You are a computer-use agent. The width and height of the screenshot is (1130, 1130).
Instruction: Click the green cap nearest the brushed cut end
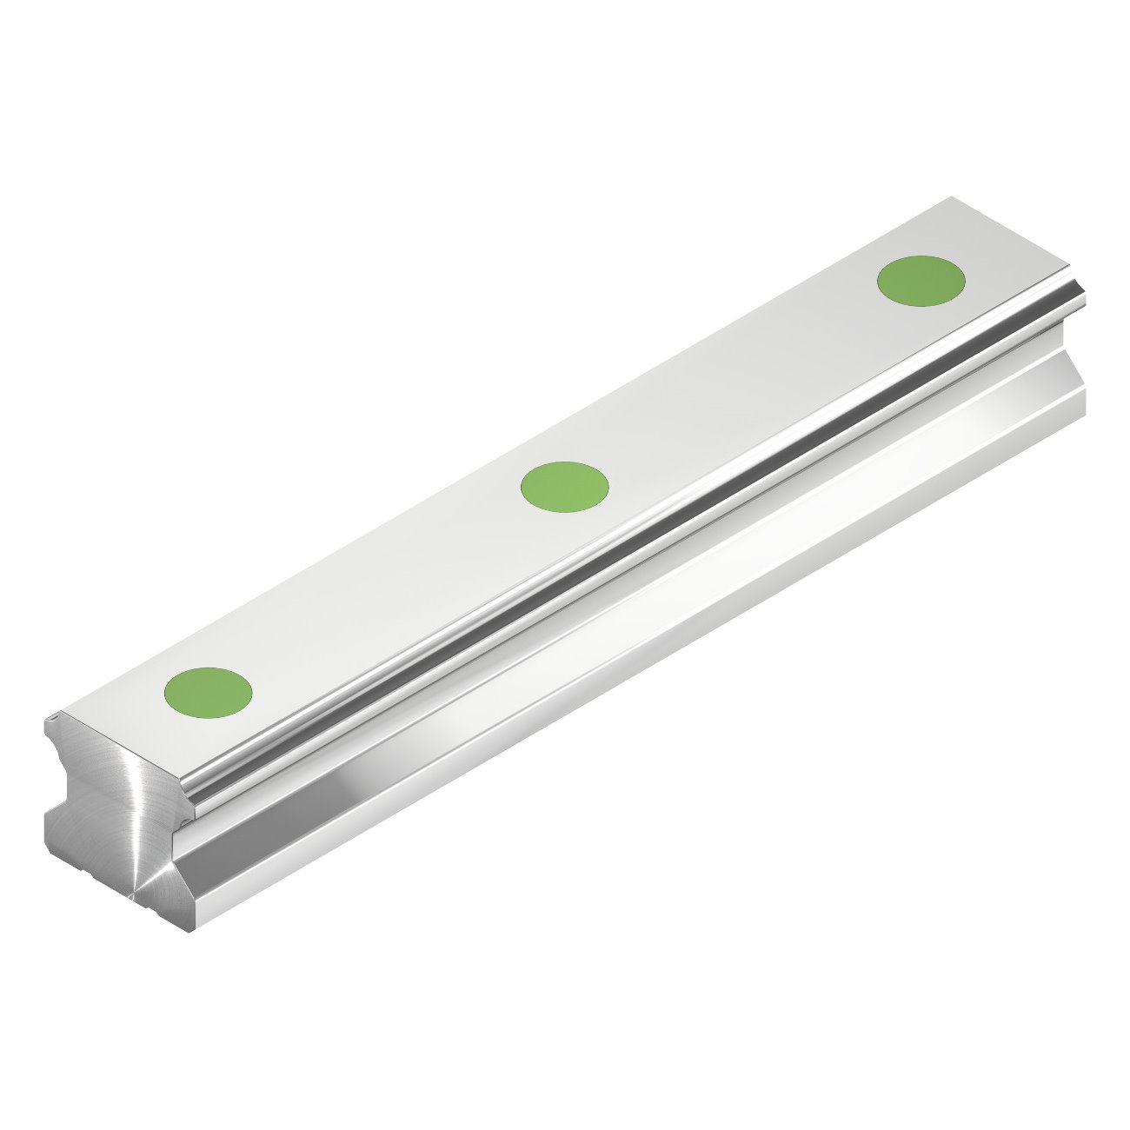pyautogui.click(x=208, y=692)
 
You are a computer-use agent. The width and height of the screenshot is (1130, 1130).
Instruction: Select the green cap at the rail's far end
pyautogui.click(x=921, y=280)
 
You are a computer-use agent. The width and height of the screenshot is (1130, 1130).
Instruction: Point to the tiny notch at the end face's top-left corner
pyautogui.click(x=54, y=717)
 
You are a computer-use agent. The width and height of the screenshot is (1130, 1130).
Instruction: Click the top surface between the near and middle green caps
pyautogui.click(x=382, y=591)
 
